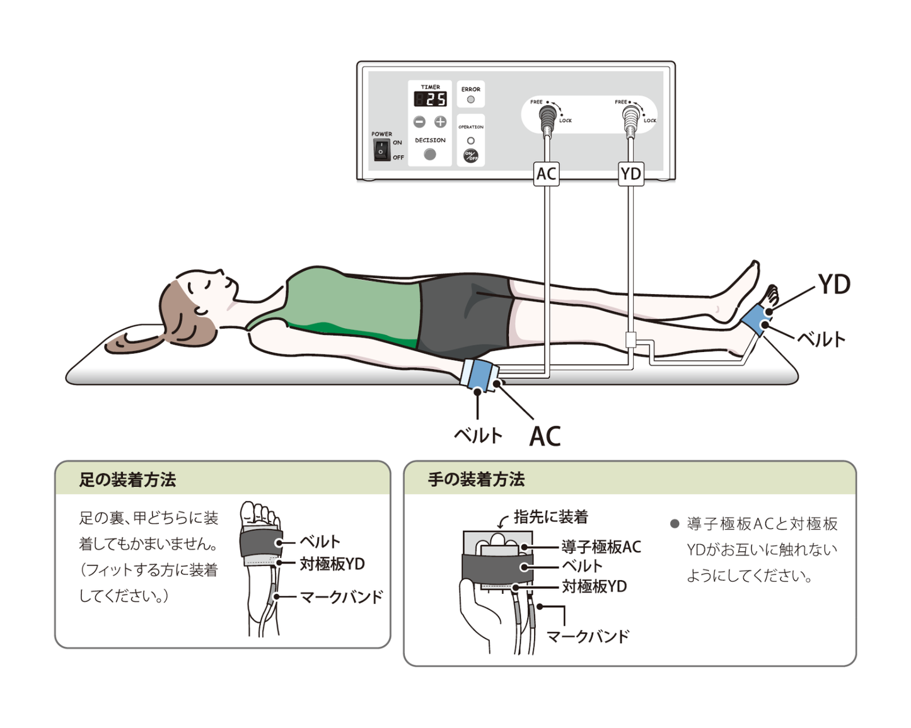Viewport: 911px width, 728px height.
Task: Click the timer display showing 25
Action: tap(430, 99)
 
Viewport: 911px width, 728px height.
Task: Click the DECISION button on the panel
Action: tap(430, 154)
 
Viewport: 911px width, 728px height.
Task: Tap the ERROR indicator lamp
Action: tap(470, 100)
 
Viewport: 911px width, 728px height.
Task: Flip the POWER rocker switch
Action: tap(381, 150)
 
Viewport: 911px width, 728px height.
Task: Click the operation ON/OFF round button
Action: tap(470, 156)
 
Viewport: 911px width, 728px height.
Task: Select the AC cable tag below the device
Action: tap(546, 174)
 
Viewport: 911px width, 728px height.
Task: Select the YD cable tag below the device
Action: tap(630, 174)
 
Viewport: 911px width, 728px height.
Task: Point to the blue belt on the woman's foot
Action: tap(755, 319)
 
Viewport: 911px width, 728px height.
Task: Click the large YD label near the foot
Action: tap(833, 285)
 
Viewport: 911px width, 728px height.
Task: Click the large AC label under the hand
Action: tap(545, 436)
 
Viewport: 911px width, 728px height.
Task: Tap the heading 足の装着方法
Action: tap(127, 480)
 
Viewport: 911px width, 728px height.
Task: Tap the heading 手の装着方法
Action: tap(476, 479)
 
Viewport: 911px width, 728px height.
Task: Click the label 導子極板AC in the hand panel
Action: tap(601, 547)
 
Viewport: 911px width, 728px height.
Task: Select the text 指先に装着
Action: tap(550, 517)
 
